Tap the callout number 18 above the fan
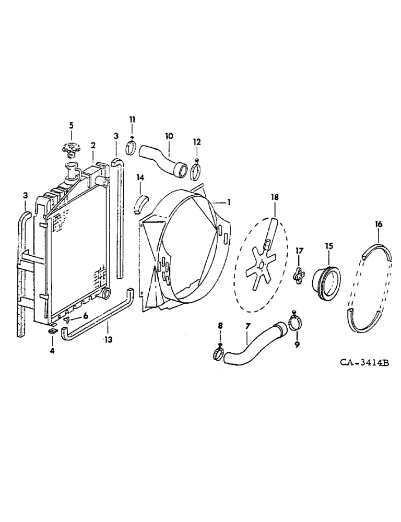(x=275, y=197)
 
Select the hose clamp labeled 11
(x=132, y=148)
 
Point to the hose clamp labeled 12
(x=196, y=170)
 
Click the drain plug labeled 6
(x=68, y=319)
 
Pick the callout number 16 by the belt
(x=379, y=224)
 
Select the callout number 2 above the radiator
(x=93, y=145)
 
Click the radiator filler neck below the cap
(x=70, y=170)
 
